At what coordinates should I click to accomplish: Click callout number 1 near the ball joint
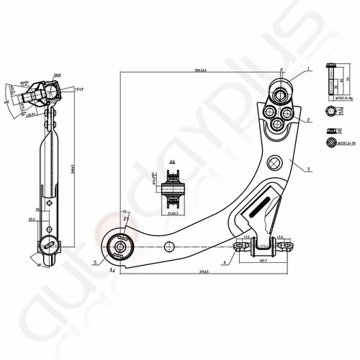coord(307,69)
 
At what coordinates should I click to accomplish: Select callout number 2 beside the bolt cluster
coord(308,120)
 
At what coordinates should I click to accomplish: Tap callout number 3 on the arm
coord(308,170)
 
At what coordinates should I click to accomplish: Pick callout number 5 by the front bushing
coord(94,263)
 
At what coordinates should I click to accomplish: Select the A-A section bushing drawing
coord(173,192)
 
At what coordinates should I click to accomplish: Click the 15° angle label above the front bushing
coord(124,211)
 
